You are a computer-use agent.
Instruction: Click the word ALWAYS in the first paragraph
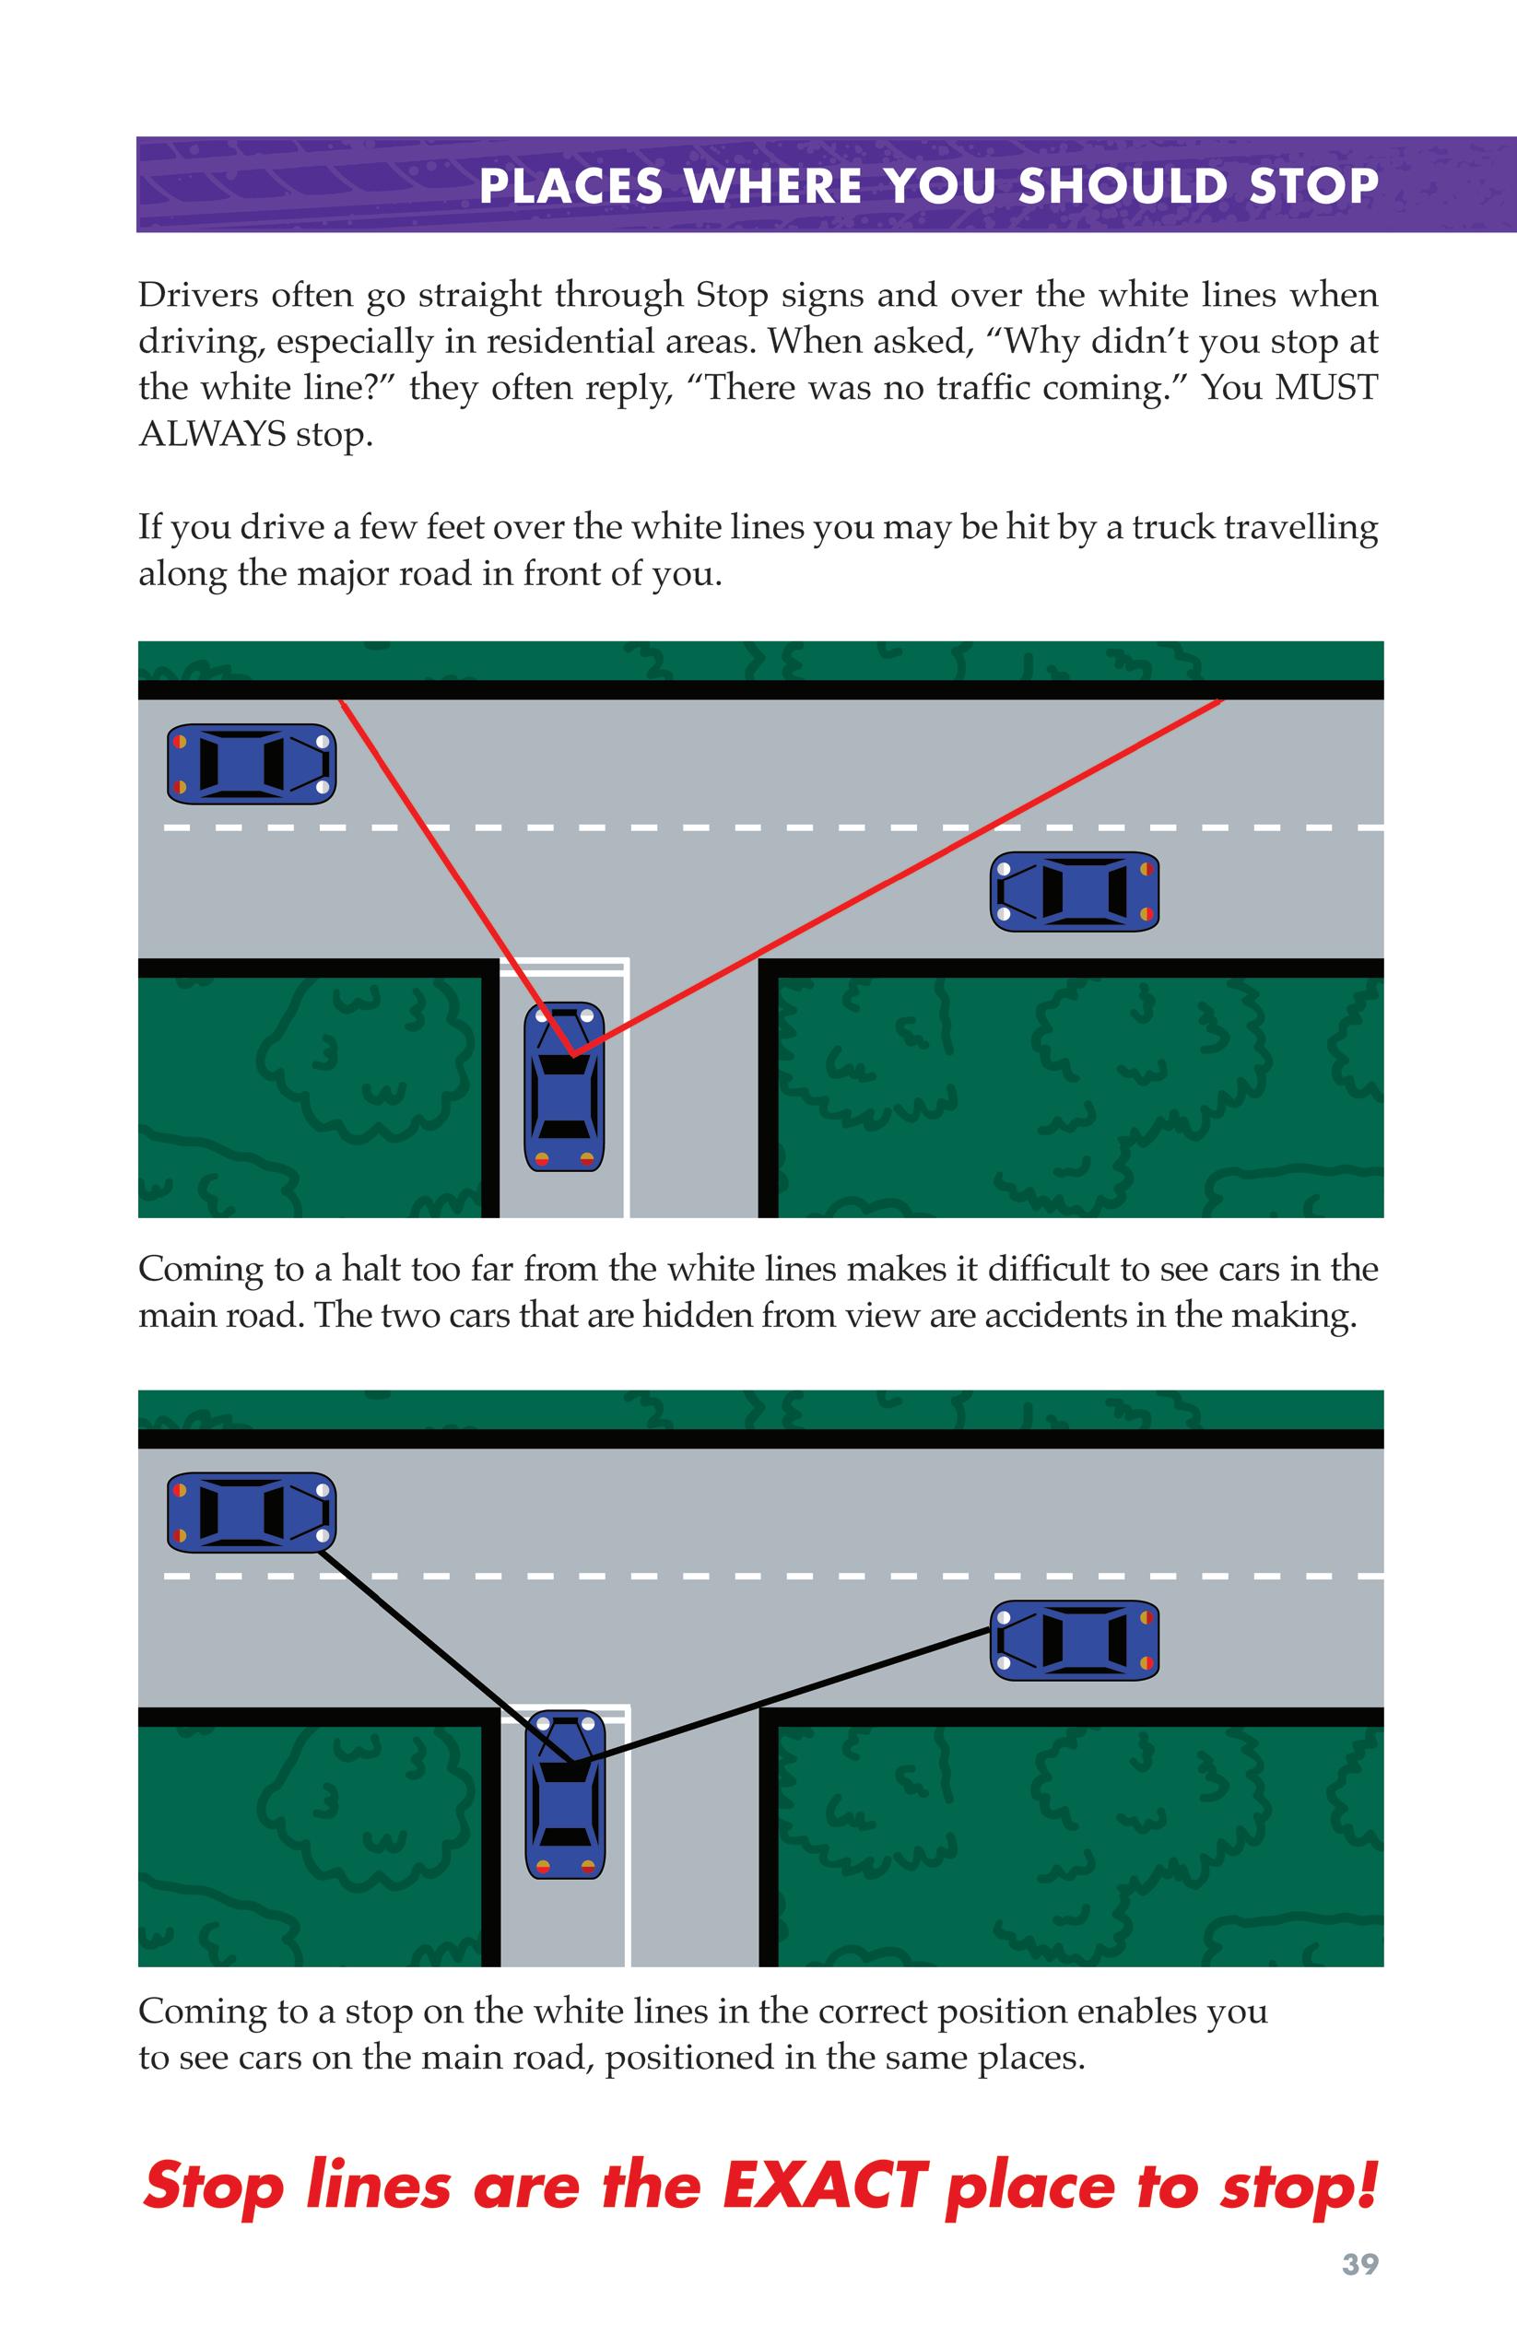[212, 433]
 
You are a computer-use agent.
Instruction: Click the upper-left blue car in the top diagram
[252, 763]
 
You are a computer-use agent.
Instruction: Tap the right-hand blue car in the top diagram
[1074, 891]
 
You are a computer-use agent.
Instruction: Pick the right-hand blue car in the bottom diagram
[1074, 1640]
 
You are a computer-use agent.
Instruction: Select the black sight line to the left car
[443, 1655]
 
